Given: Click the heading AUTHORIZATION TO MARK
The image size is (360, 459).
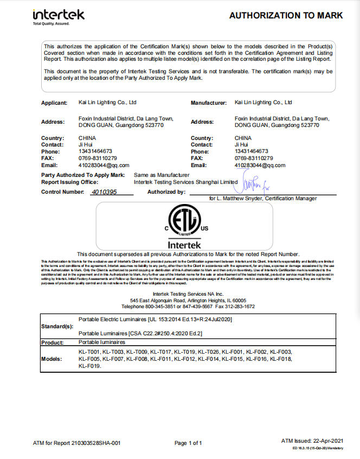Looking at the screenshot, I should coord(286,15).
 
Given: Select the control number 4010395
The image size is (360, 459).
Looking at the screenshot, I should coord(104,192).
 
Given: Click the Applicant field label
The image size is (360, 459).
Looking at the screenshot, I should coord(54,103).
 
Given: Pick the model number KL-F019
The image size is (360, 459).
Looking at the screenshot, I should coord(89,366).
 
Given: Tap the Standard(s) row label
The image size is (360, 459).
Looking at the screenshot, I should coord(57,327).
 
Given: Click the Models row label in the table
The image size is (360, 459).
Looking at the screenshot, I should coord(52,359).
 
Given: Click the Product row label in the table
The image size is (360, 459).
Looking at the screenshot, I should coord(53,342).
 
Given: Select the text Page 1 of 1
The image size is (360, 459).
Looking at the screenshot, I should coord(188,443).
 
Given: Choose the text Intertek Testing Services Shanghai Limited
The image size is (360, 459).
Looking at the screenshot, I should coord(185,182).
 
